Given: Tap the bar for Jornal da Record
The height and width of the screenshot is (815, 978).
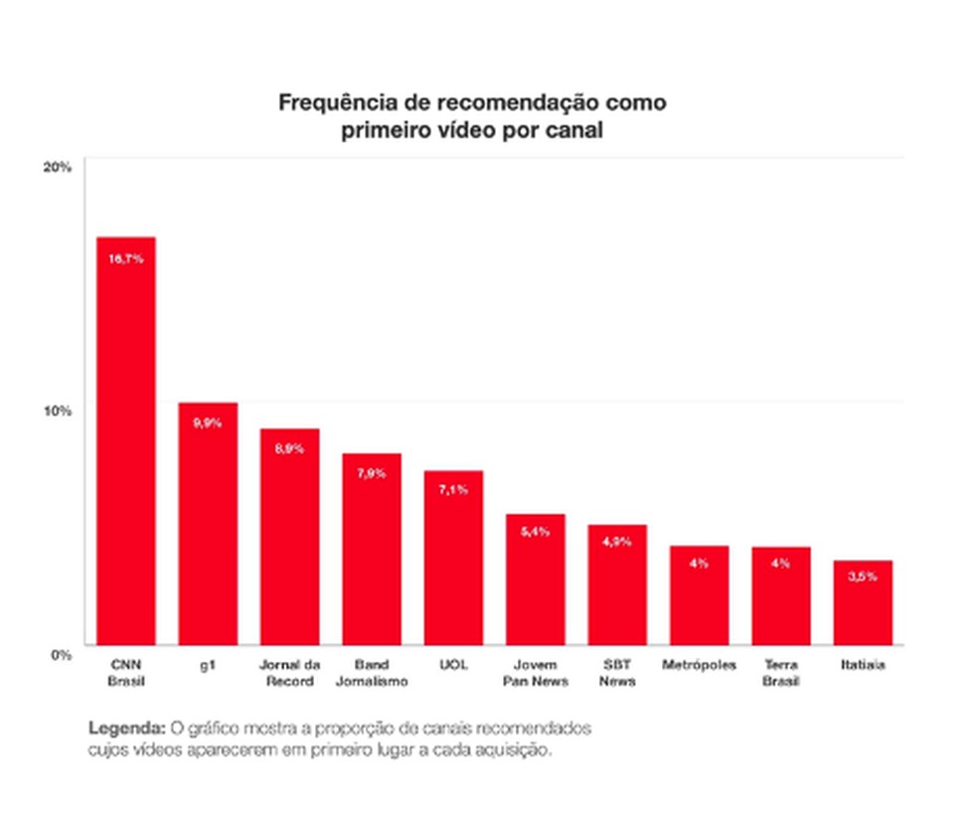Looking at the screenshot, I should pyautogui.click(x=289, y=537).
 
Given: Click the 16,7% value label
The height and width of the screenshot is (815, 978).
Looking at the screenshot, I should pyautogui.click(x=126, y=258).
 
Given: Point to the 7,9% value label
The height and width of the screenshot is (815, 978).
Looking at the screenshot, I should pyautogui.click(x=372, y=473).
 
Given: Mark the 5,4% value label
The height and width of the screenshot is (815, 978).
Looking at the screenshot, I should pyautogui.click(x=535, y=532).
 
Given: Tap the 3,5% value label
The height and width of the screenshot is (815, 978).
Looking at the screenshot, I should pyautogui.click(x=863, y=576).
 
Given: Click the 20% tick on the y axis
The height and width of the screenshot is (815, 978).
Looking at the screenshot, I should pyautogui.click(x=57, y=167).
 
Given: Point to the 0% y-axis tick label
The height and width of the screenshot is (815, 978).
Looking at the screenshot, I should pyautogui.click(x=61, y=654).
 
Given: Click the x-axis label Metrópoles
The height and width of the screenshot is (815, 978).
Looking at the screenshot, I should pyautogui.click(x=699, y=665).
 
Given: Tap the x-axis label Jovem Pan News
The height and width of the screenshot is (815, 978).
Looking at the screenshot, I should pyautogui.click(x=536, y=673).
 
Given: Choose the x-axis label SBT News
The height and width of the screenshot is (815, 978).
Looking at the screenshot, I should pyautogui.click(x=617, y=673).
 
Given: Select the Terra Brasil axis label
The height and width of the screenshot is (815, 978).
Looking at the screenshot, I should pyautogui.click(x=781, y=673).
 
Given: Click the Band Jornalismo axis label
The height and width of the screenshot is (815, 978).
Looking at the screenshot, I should pyautogui.click(x=372, y=673).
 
